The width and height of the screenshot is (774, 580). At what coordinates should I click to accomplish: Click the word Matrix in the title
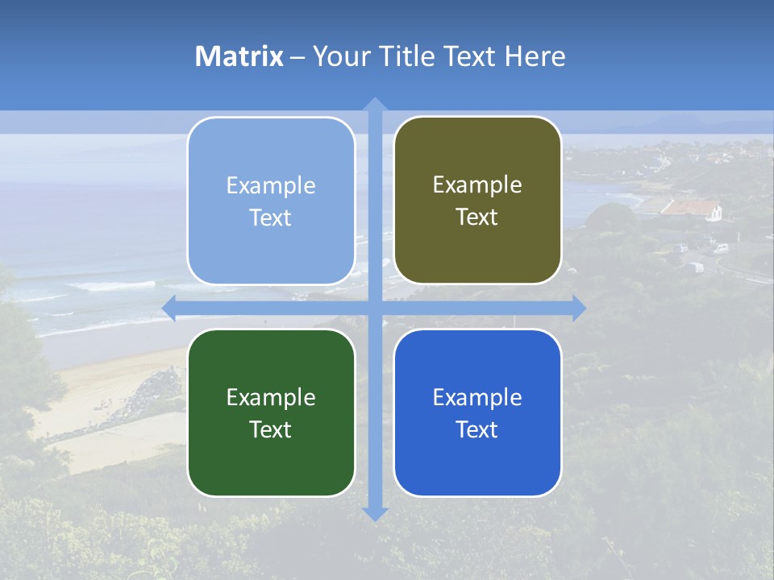pyautogui.click(x=239, y=56)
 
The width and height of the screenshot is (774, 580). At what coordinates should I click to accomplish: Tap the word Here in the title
pyautogui.click(x=535, y=56)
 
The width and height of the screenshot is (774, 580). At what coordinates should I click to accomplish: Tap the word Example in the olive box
pyautogui.click(x=477, y=185)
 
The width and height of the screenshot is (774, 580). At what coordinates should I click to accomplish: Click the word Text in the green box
pyautogui.click(x=271, y=429)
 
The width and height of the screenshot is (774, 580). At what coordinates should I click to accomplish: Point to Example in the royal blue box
pyautogui.click(x=477, y=397)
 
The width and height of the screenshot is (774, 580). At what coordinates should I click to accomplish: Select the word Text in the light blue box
pyautogui.click(x=271, y=217)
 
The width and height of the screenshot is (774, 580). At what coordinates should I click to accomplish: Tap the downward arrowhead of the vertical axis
pyautogui.click(x=375, y=513)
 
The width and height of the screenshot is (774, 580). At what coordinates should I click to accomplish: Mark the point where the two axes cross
pyautogui.click(x=375, y=308)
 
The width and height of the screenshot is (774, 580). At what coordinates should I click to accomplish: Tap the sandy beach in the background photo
pyautogui.click(x=97, y=403)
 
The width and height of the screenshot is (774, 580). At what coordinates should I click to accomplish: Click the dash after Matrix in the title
pyautogui.click(x=298, y=57)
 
